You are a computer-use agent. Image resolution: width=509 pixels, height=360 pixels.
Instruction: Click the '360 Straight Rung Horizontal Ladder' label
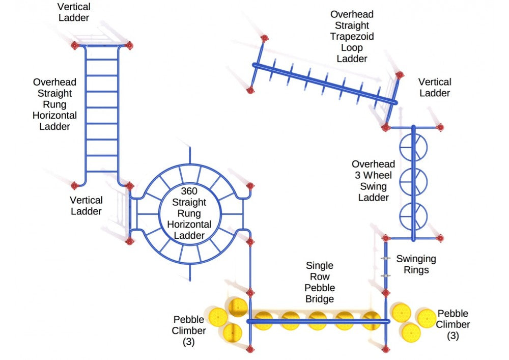pyautogui.click(x=189, y=212)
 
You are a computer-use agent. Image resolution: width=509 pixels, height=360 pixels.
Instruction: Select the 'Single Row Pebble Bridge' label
pyautogui.click(x=320, y=282)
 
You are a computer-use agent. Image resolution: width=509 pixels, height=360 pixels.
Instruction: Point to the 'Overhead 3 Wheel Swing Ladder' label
pyautogui.click(x=374, y=180)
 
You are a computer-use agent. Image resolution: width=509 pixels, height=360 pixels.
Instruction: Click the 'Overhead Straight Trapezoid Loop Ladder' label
pyautogui.click(x=352, y=37)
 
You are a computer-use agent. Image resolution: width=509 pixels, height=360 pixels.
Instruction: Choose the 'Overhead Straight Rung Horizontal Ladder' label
pyautogui.click(x=54, y=104)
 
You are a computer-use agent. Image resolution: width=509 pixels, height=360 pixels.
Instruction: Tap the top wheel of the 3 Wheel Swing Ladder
pyautogui.click(x=413, y=147)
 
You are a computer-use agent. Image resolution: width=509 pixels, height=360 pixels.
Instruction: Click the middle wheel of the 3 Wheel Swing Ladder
pyautogui.click(x=413, y=181)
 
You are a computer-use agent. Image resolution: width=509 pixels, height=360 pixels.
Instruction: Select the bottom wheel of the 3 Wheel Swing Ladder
pyautogui.click(x=413, y=216)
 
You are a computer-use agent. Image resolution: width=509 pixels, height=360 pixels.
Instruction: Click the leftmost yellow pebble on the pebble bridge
pyautogui.click(x=264, y=321)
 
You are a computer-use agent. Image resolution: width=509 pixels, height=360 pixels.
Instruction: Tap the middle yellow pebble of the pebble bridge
pyautogui.click(x=318, y=321)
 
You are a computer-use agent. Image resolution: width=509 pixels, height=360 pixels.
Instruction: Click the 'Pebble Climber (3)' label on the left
pyautogui.click(x=189, y=331)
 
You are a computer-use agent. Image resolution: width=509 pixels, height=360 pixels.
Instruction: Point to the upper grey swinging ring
pyautogui.click(x=386, y=259)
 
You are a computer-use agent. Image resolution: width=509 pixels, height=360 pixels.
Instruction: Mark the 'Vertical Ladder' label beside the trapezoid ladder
pyautogui.click(x=435, y=88)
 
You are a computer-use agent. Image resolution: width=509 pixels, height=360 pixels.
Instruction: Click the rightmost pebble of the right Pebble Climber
pyautogui.click(x=427, y=317)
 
